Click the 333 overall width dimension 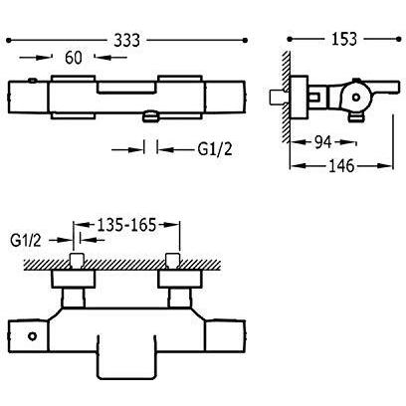click(x=127, y=40)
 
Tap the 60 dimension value click(x=74, y=58)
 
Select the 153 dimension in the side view click(x=344, y=39)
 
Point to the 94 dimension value click(x=322, y=142)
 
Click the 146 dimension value click(x=341, y=165)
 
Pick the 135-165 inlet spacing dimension click(x=126, y=225)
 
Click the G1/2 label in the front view click(x=215, y=149)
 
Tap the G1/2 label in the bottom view click(x=26, y=240)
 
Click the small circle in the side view click(x=356, y=98)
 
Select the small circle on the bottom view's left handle click(x=32, y=336)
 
